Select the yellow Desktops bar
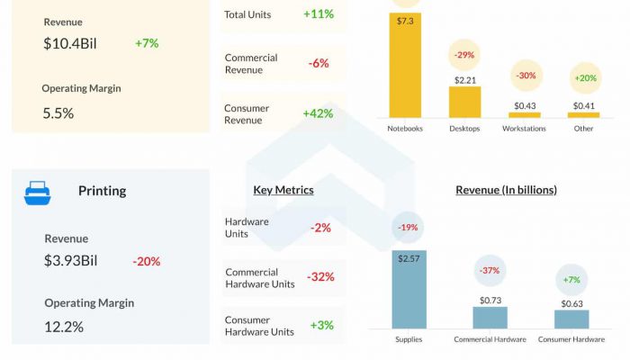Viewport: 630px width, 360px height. (464, 102)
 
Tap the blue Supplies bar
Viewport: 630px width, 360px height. (409, 289)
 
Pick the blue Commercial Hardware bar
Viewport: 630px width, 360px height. (490, 317)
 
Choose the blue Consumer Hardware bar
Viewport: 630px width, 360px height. (571, 319)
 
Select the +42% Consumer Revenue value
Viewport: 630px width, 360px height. (319, 113)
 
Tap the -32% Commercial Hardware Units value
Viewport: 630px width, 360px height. (320, 277)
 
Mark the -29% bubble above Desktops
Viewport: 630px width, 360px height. (464, 55)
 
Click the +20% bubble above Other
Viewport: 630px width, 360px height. (585, 78)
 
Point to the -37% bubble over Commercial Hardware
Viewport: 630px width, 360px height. (490, 270)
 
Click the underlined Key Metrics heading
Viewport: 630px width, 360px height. (283, 190)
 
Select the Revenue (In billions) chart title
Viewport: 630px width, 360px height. (506, 190)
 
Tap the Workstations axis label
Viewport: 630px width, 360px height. (525, 129)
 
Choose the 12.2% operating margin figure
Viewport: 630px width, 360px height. (64, 327)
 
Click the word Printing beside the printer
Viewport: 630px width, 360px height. (102, 191)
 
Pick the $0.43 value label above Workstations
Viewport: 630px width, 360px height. (525, 105)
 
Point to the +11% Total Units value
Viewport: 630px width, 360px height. (319, 14)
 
